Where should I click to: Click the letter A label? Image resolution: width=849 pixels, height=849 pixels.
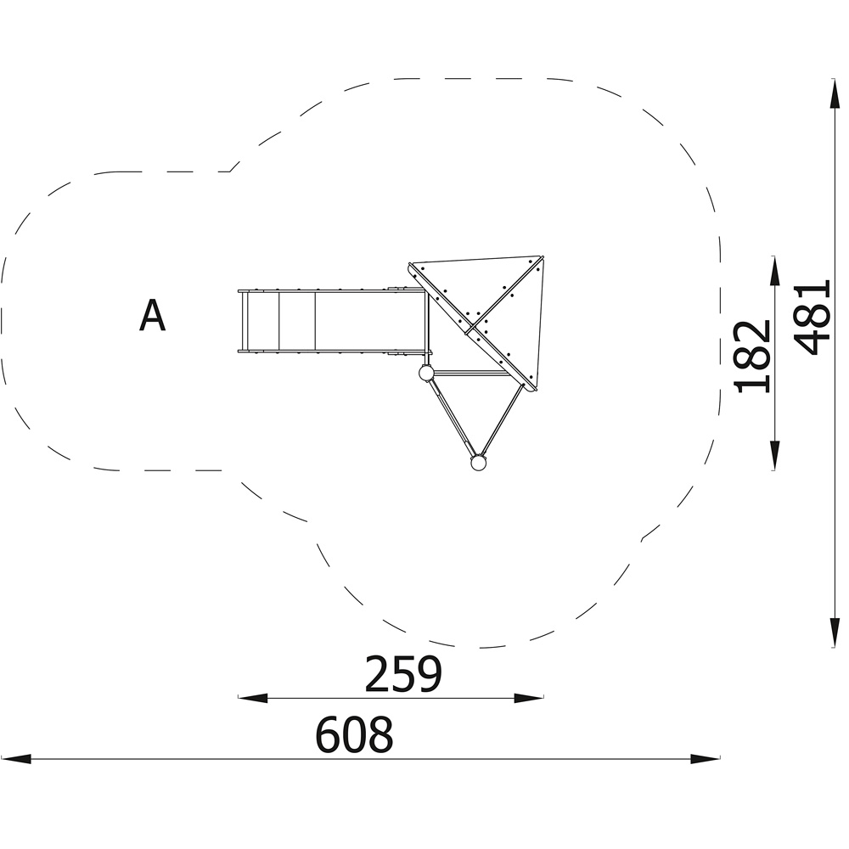pyautogui.click(x=152, y=316)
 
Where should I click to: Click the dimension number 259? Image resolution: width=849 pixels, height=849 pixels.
pyautogui.click(x=403, y=674)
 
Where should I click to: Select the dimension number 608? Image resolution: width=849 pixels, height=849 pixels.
pyautogui.click(x=354, y=734)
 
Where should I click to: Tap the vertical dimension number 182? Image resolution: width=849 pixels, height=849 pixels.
pyautogui.click(x=751, y=356)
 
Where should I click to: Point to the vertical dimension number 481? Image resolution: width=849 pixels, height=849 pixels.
pyautogui.click(x=812, y=318)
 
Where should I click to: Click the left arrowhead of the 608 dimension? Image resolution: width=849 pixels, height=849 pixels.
pyautogui.click(x=15, y=758)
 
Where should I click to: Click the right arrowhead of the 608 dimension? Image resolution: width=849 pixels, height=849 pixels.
pyautogui.click(x=705, y=758)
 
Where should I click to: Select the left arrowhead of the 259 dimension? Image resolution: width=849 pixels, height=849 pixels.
pyautogui.click(x=253, y=698)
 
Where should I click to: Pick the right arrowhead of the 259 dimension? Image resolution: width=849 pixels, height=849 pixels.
pyautogui.click(x=529, y=698)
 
